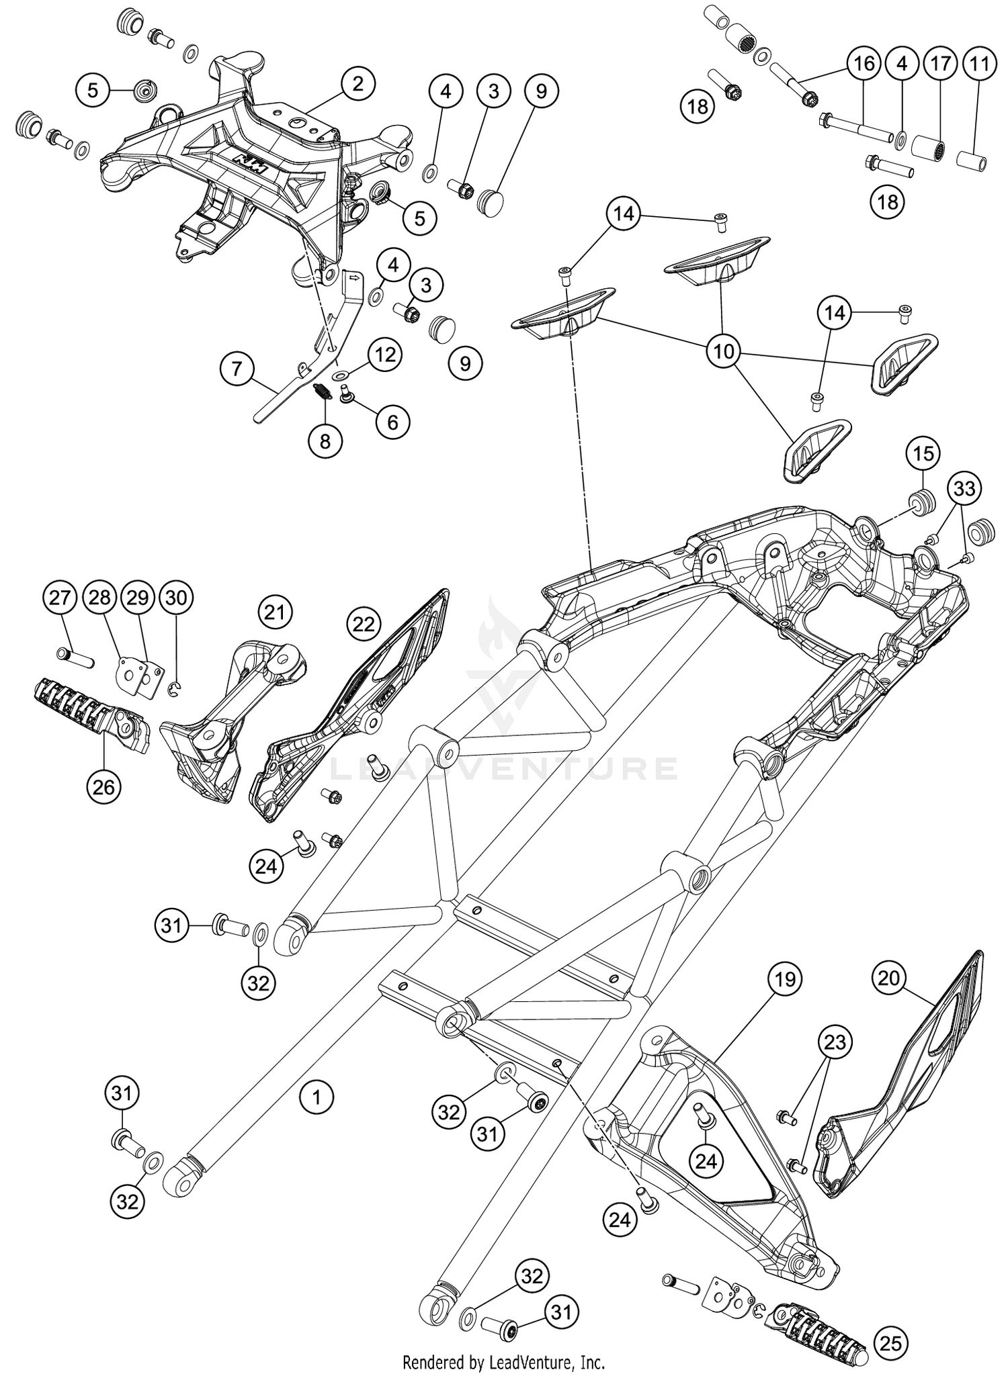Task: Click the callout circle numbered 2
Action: click(x=358, y=85)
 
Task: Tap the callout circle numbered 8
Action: click(x=325, y=441)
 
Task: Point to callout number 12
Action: click(x=385, y=355)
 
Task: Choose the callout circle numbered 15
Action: click(x=923, y=454)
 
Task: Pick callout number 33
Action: click(x=964, y=488)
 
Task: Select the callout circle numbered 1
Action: click(x=316, y=1097)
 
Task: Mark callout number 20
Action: click(x=888, y=978)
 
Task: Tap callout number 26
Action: click(x=104, y=786)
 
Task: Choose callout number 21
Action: click(x=275, y=612)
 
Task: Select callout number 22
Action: click(x=364, y=625)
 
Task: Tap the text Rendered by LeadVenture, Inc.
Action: click(x=503, y=1363)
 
